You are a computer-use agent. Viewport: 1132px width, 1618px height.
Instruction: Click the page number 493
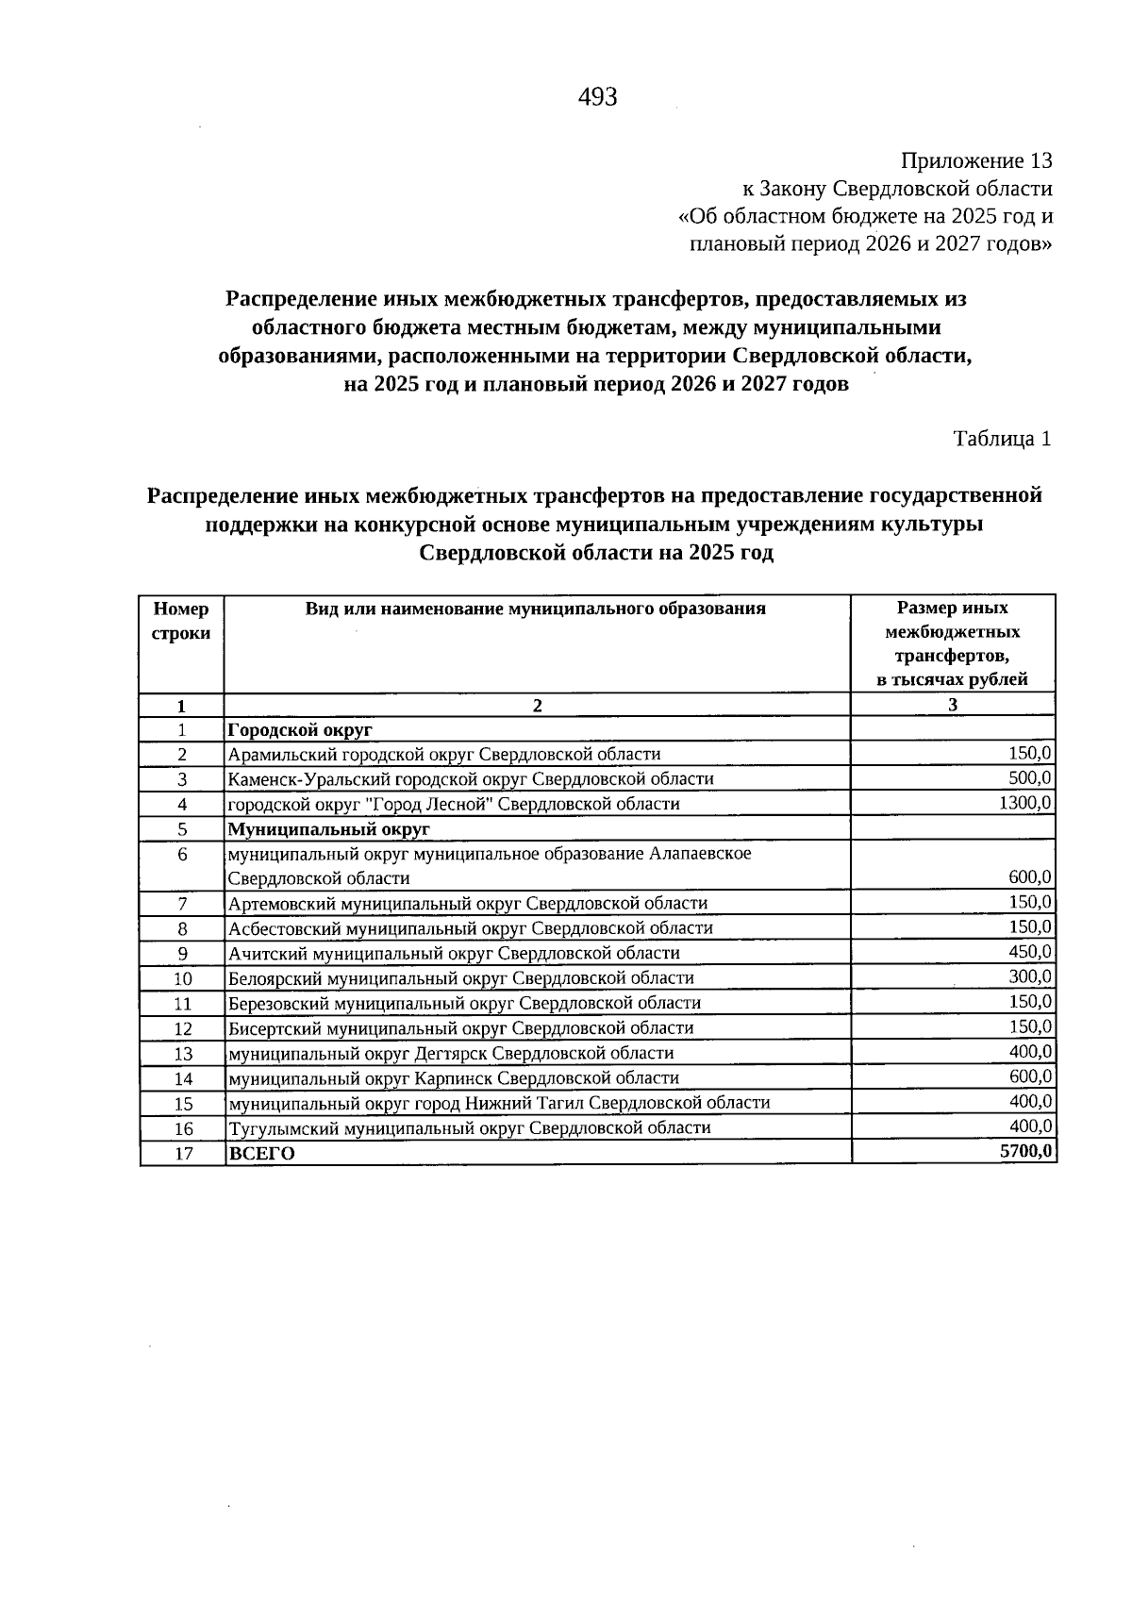click(x=597, y=97)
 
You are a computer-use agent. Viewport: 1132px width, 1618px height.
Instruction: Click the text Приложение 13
click(x=976, y=160)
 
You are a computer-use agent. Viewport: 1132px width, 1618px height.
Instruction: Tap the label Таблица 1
click(x=1002, y=439)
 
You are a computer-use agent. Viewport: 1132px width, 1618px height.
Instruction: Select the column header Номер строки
click(x=181, y=622)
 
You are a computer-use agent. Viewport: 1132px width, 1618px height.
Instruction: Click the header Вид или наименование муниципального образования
click(x=535, y=609)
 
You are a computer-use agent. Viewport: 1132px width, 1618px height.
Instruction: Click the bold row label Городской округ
click(x=301, y=730)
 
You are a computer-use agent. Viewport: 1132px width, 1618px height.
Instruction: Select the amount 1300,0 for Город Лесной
click(x=1024, y=803)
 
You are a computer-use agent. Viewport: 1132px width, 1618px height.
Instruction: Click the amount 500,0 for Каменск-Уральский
click(x=1030, y=778)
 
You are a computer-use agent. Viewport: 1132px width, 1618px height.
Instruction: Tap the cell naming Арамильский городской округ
click(x=444, y=754)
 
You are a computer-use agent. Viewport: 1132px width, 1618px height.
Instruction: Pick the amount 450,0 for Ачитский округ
click(x=1030, y=952)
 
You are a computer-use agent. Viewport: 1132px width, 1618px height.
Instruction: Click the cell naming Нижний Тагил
click(x=499, y=1103)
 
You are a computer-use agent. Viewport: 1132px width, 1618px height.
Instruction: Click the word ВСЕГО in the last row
click(x=262, y=1154)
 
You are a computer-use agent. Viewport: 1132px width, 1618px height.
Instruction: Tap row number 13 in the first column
click(x=183, y=1054)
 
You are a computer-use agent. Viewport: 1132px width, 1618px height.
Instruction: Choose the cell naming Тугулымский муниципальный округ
click(x=470, y=1128)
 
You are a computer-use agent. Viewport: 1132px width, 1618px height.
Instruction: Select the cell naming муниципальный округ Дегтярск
click(x=451, y=1053)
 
